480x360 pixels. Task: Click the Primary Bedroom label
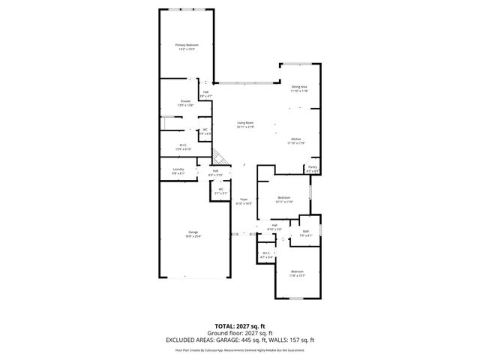pyautogui.click(x=187, y=46)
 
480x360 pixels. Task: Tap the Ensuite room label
pyautogui.click(x=185, y=102)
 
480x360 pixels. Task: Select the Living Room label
pyautogui.click(x=246, y=124)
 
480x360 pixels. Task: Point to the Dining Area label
pyautogui.click(x=300, y=88)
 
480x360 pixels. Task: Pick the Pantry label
pyautogui.click(x=313, y=169)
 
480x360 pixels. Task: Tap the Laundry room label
pyautogui.click(x=178, y=171)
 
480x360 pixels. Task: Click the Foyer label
pyautogui.click(x=244, y=201)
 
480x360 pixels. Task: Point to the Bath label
pyautogui.click(x=306, y=233)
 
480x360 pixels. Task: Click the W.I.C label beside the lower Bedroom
pyautogui.click(x=266, y=255)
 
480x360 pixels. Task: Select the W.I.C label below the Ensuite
pyautogui.click(x=184, y=147)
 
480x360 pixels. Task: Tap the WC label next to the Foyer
pyautogui.click(x=220, y=190)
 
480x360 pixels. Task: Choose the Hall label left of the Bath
pyautogui.click(x=274, y=227)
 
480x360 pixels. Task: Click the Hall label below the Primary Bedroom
pyautogui.click(x=205, y=94)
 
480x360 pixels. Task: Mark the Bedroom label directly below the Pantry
pyautogui.click(x=283, y=199)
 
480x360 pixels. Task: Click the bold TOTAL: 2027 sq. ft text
pyautogui.click(x=240, y=326)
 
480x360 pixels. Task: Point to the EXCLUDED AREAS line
pyautogui.click(x=240, y=340)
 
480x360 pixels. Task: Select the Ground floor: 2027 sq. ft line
pyautogui.click(x=240, y=333)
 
